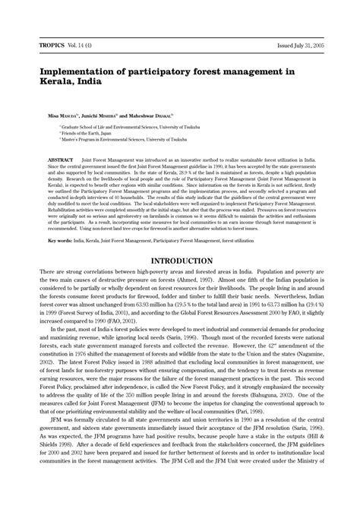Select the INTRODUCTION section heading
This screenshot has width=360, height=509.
(180, 260)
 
